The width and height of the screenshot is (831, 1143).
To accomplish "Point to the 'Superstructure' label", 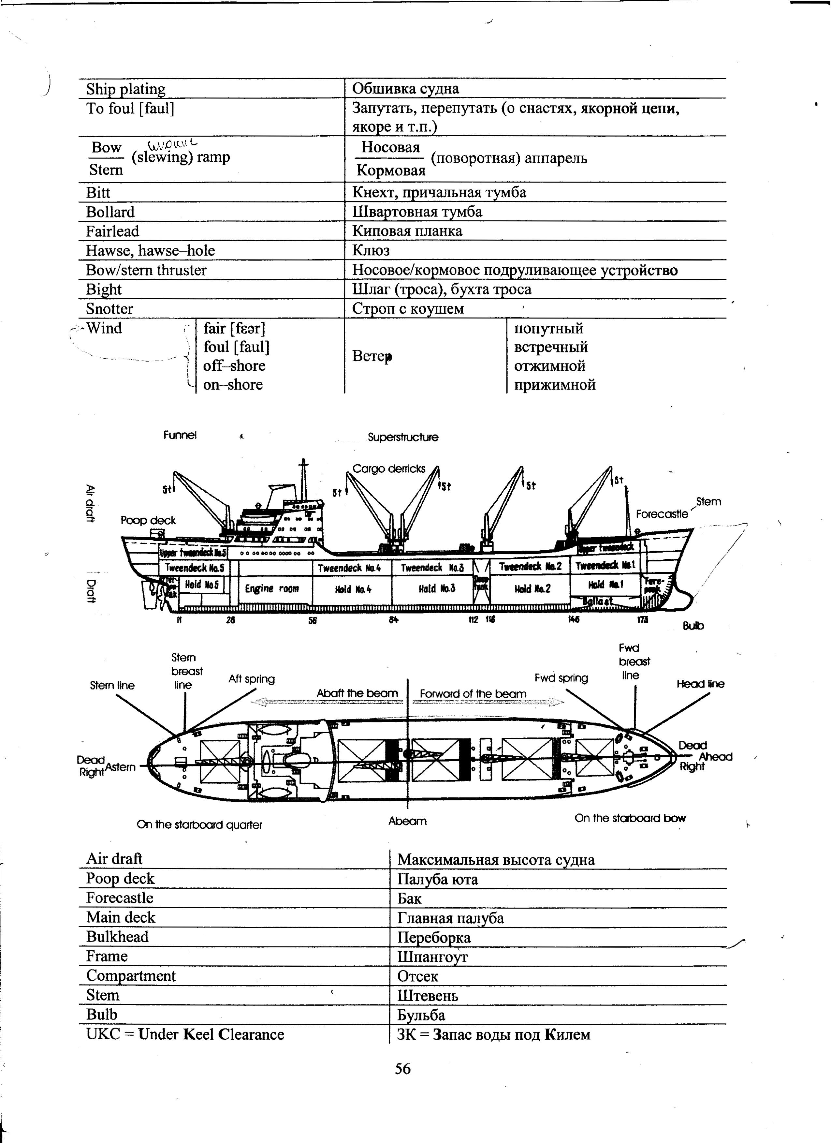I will click(402, 438).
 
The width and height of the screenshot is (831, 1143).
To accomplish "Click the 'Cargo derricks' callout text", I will click(389, 469).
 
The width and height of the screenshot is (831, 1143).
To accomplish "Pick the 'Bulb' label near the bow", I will click(693, 626).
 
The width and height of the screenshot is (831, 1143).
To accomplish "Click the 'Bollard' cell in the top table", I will click(110, 212).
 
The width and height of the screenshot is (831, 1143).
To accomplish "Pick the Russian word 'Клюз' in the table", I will click(371, 250).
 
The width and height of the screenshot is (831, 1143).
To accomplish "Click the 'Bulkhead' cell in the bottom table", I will click(117, 937).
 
